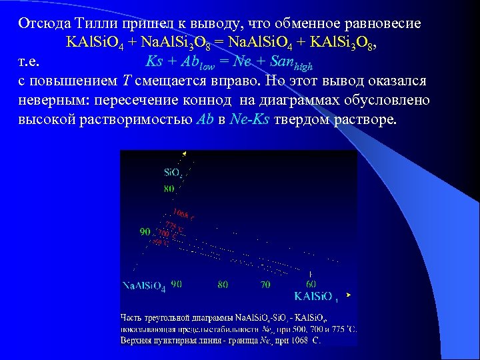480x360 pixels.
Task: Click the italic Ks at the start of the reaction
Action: click(x=153, y=63)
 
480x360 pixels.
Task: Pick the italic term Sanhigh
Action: click(x=290, y=64)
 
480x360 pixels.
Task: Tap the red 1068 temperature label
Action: click(x=182, y=214)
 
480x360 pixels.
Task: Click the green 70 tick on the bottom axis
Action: click(x=265, y=284)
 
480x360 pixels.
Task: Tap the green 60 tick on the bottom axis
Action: click(x=311, y=284)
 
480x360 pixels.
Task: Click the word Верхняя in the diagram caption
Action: click(x=139, y=340)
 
